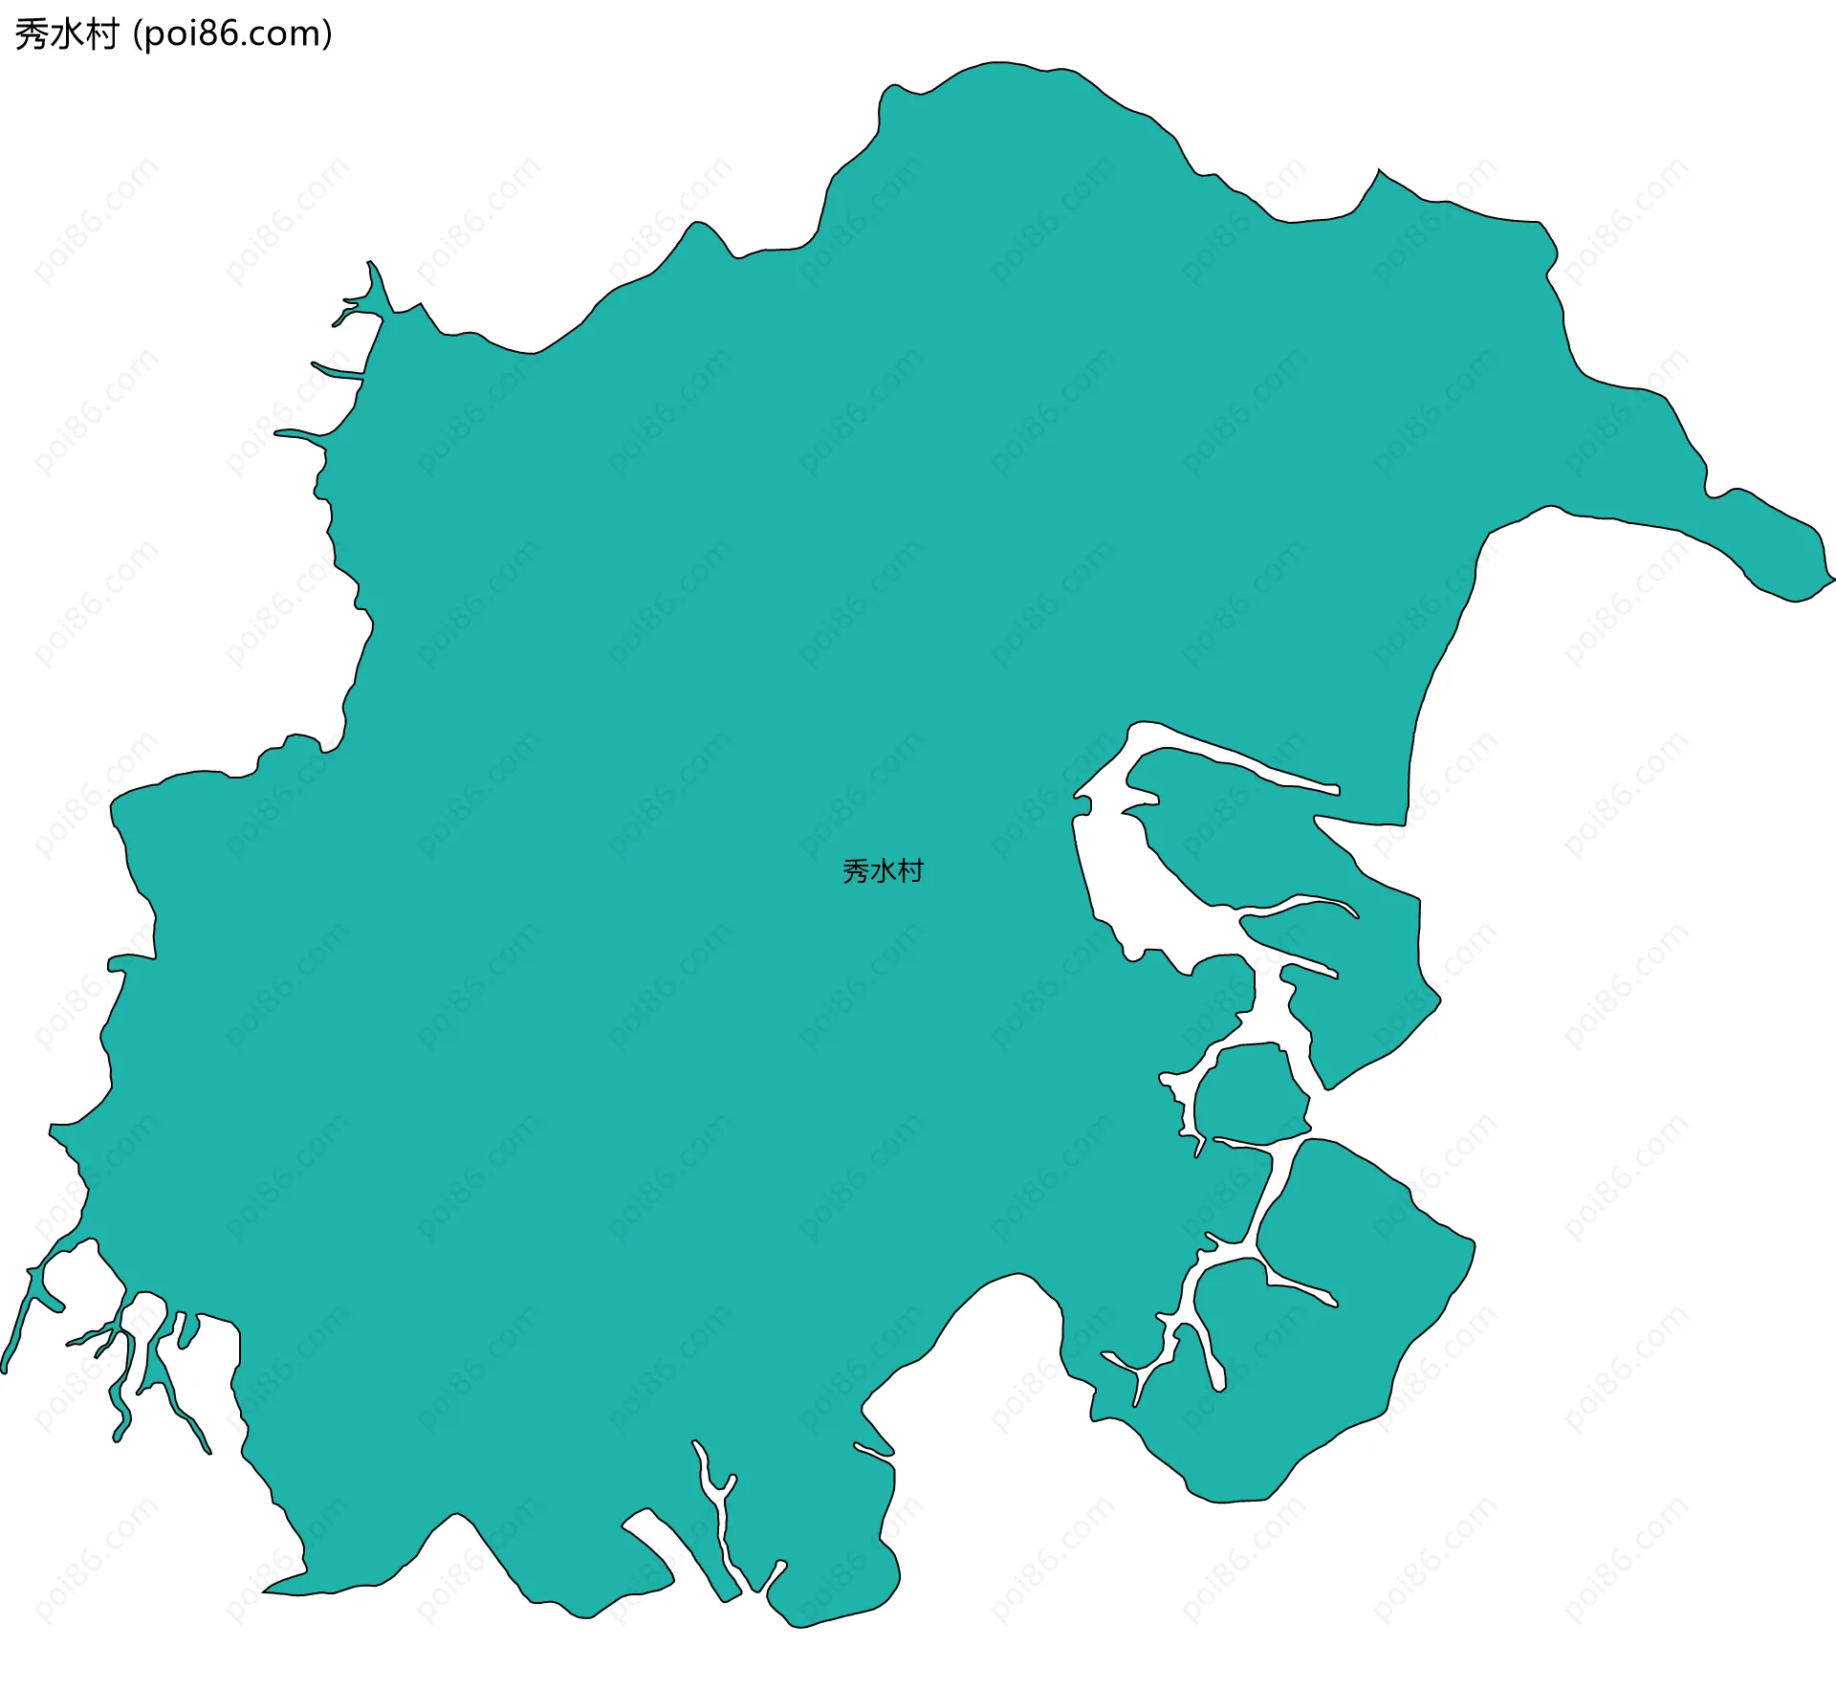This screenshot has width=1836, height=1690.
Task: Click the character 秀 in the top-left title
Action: pyautogui.click(x=32, y=34)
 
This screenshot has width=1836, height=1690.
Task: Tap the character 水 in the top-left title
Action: pyautogui.click(x=66, y=34)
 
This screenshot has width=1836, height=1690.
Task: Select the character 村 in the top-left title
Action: pyautogui.click(x=100, y=34)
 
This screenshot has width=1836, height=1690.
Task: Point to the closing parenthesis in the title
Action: pyautogui.click(x=328, y=34)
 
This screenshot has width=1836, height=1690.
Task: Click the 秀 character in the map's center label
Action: pyautogui.click(x=855, y=871)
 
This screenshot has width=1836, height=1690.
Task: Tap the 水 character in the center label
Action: pyautogui.click(x=883, y=871)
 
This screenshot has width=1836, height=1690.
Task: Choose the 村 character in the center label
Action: pyautogui.click(x=910, y=871)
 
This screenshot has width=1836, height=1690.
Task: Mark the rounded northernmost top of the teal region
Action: pyautogui.click(x=999, y=63)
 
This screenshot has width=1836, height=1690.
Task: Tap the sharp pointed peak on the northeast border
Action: pyautogui.click(x=1379, y=171)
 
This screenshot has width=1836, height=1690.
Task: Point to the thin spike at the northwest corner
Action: pyautogui.click(x=369, y=262)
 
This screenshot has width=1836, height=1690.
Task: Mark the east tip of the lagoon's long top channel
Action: pyautogui.click(x=1337, y=790)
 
